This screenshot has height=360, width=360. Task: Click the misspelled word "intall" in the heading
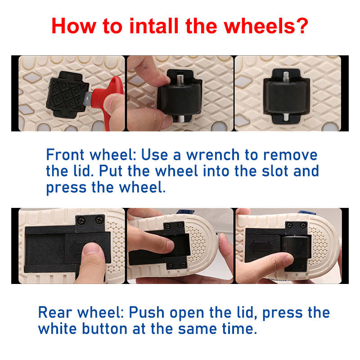154,26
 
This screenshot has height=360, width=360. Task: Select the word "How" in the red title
74,26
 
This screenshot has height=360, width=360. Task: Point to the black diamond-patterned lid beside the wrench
68,94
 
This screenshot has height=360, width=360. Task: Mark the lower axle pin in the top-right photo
286,117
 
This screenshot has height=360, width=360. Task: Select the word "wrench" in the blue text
213,155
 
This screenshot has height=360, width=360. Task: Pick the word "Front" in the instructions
65,154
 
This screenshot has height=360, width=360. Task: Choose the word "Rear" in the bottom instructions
55,313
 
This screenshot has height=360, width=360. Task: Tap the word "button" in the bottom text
105,329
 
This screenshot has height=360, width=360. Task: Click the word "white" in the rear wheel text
58,329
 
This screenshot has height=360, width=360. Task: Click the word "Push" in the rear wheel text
147,313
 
